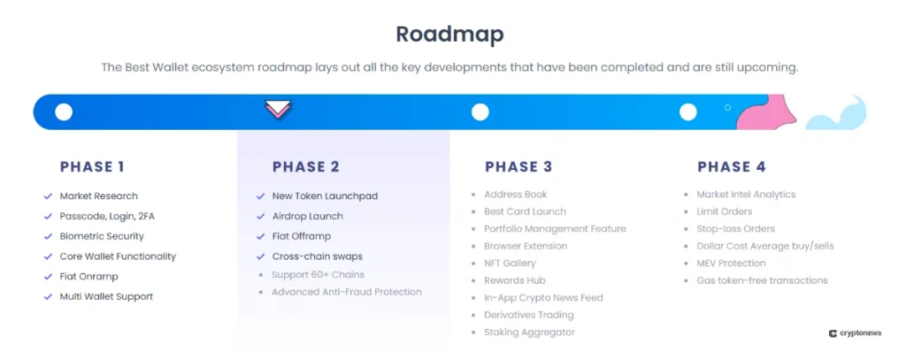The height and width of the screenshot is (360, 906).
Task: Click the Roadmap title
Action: point(449,34)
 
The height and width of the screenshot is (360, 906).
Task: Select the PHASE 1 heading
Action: point(92,166)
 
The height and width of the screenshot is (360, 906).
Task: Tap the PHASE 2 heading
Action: point(305,166)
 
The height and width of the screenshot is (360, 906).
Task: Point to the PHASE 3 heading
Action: point(518,166)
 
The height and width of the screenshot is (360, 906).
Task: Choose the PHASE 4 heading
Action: point(731,166)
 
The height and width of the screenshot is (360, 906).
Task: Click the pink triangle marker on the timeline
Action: point(278,111)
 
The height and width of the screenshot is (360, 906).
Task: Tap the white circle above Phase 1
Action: point(64,112)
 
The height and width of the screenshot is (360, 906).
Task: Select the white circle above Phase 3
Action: point(480,112)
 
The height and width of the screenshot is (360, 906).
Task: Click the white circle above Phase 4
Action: point(687,112)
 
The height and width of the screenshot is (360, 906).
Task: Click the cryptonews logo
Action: point(857,333)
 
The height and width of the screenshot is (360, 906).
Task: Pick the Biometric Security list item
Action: point(102,236)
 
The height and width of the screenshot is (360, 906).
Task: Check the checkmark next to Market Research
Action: point(48,196)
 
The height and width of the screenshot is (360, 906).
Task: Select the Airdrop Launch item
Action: point(307,216)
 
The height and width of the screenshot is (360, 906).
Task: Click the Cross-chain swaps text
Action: point(317,257)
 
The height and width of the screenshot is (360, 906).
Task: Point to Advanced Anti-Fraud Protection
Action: point(346,292)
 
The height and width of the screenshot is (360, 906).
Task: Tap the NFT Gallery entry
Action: point(510,263)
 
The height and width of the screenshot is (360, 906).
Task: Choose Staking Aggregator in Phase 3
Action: point(529,332)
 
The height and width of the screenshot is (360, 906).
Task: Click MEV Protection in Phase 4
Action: point(731,263)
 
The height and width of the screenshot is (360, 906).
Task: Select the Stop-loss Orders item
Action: point(735,228)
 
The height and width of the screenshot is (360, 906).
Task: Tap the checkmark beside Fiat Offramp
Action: point(260,237)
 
